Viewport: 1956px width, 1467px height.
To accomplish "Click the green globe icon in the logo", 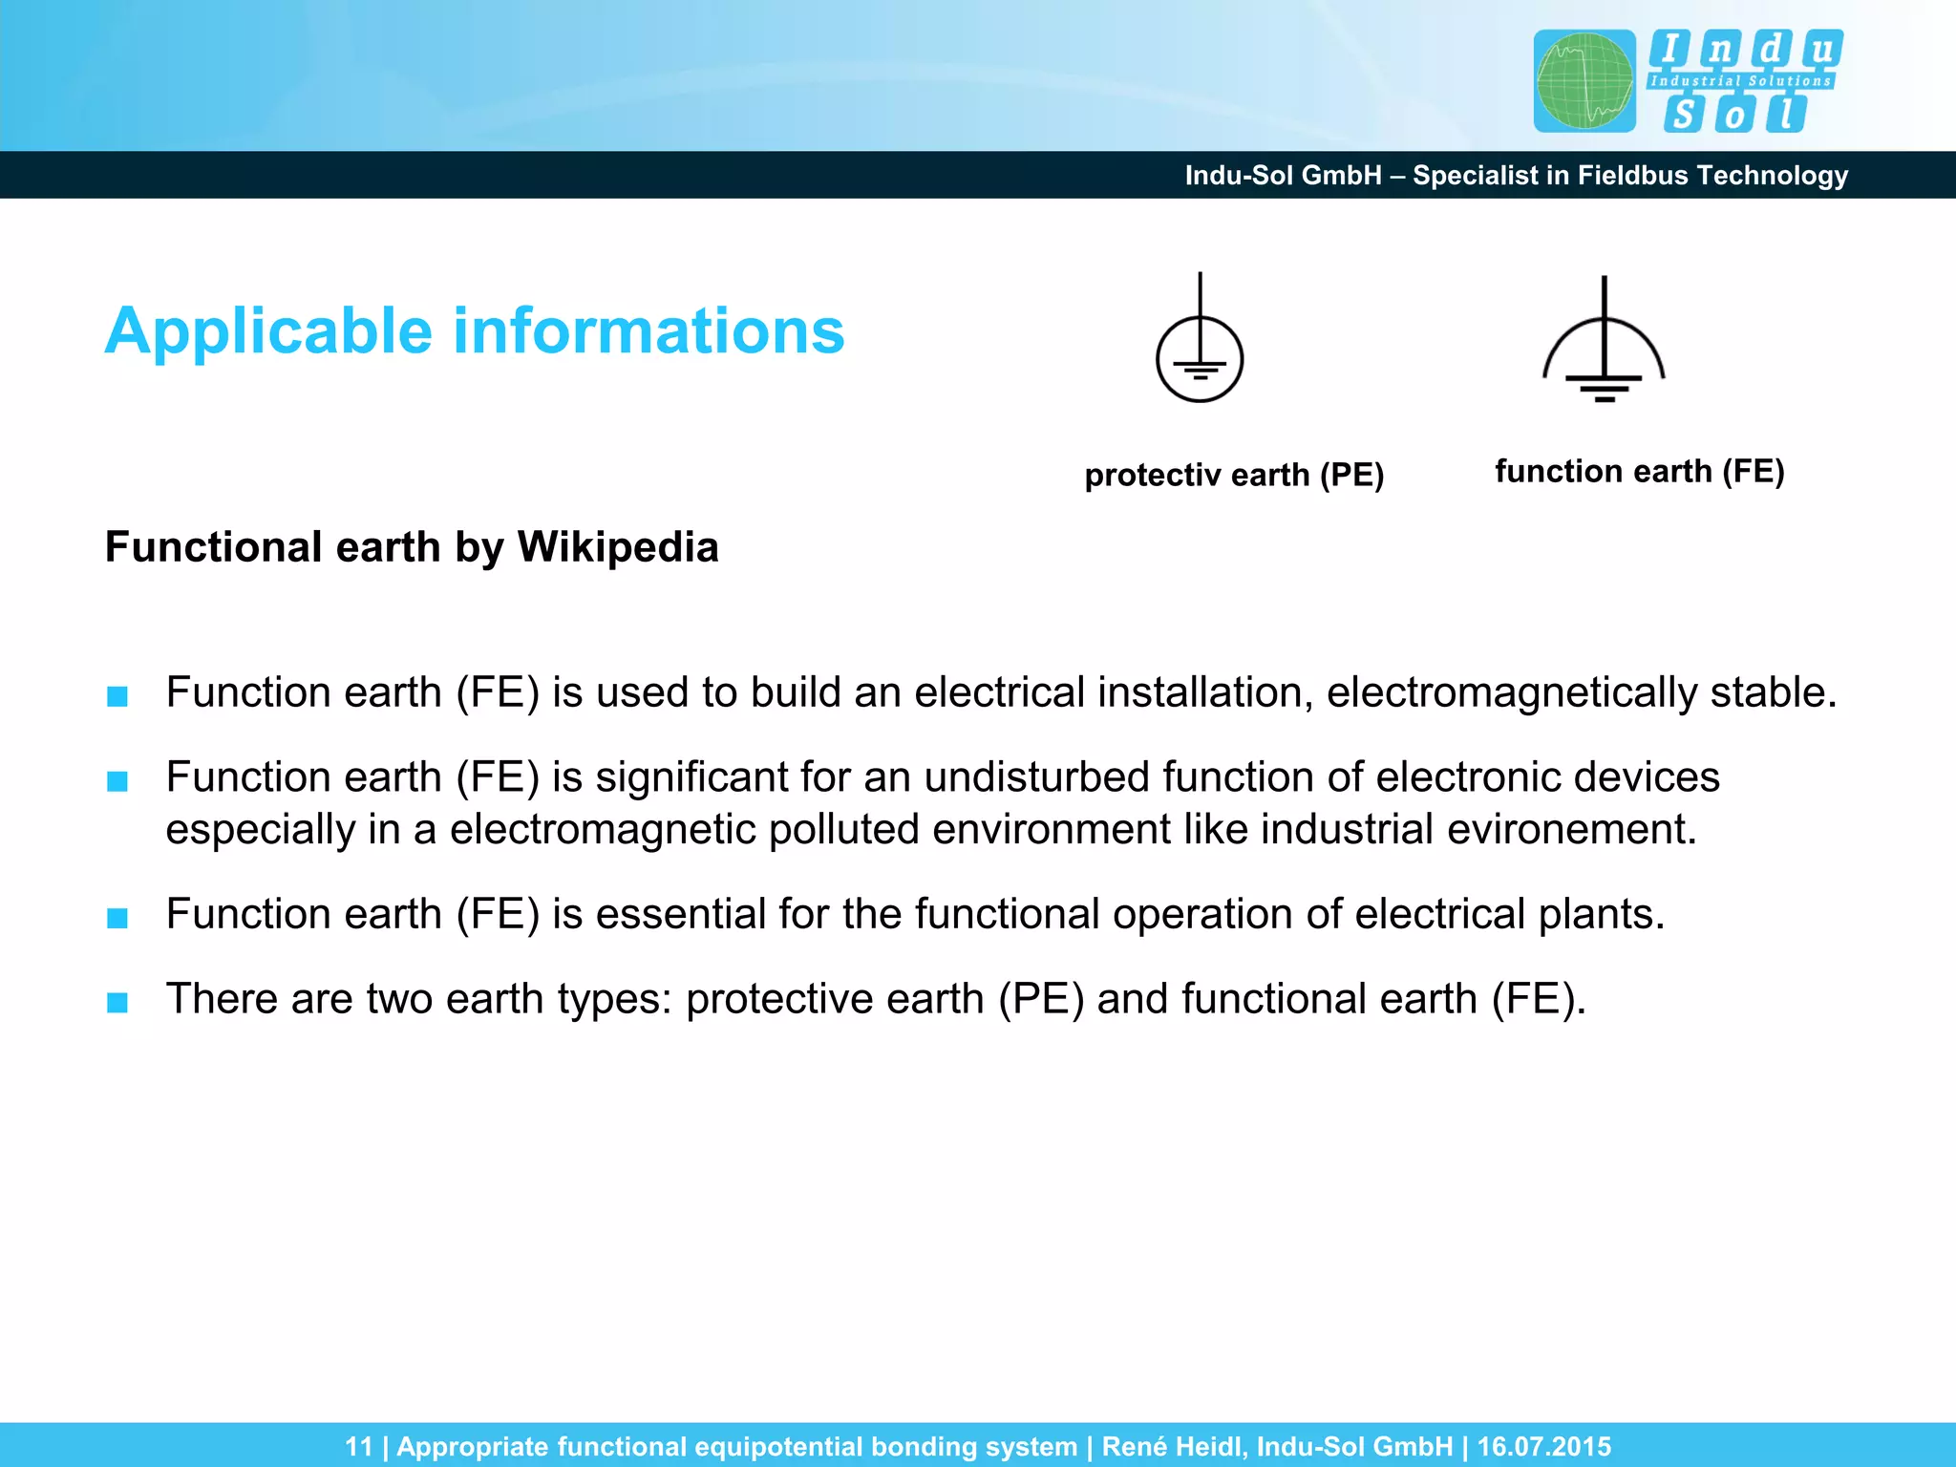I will (1584, 81).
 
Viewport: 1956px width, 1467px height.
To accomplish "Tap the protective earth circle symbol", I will (1200, 358).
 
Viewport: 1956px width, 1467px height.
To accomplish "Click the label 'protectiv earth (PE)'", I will (1234, 475).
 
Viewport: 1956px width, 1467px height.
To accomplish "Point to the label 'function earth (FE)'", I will (1639, 471).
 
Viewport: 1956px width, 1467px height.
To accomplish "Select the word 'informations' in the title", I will (648, 331).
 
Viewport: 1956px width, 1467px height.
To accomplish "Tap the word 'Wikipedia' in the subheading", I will (618, 547).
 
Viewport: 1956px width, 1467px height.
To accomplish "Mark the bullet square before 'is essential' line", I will (117, 918).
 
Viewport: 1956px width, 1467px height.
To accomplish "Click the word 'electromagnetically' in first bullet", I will (1512, 692).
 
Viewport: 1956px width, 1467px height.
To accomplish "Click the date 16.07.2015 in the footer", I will (1543, 1447).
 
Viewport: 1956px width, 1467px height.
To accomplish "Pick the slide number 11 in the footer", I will (359, 1447).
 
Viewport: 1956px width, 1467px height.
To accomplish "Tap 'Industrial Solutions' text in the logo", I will (1740, 81).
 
